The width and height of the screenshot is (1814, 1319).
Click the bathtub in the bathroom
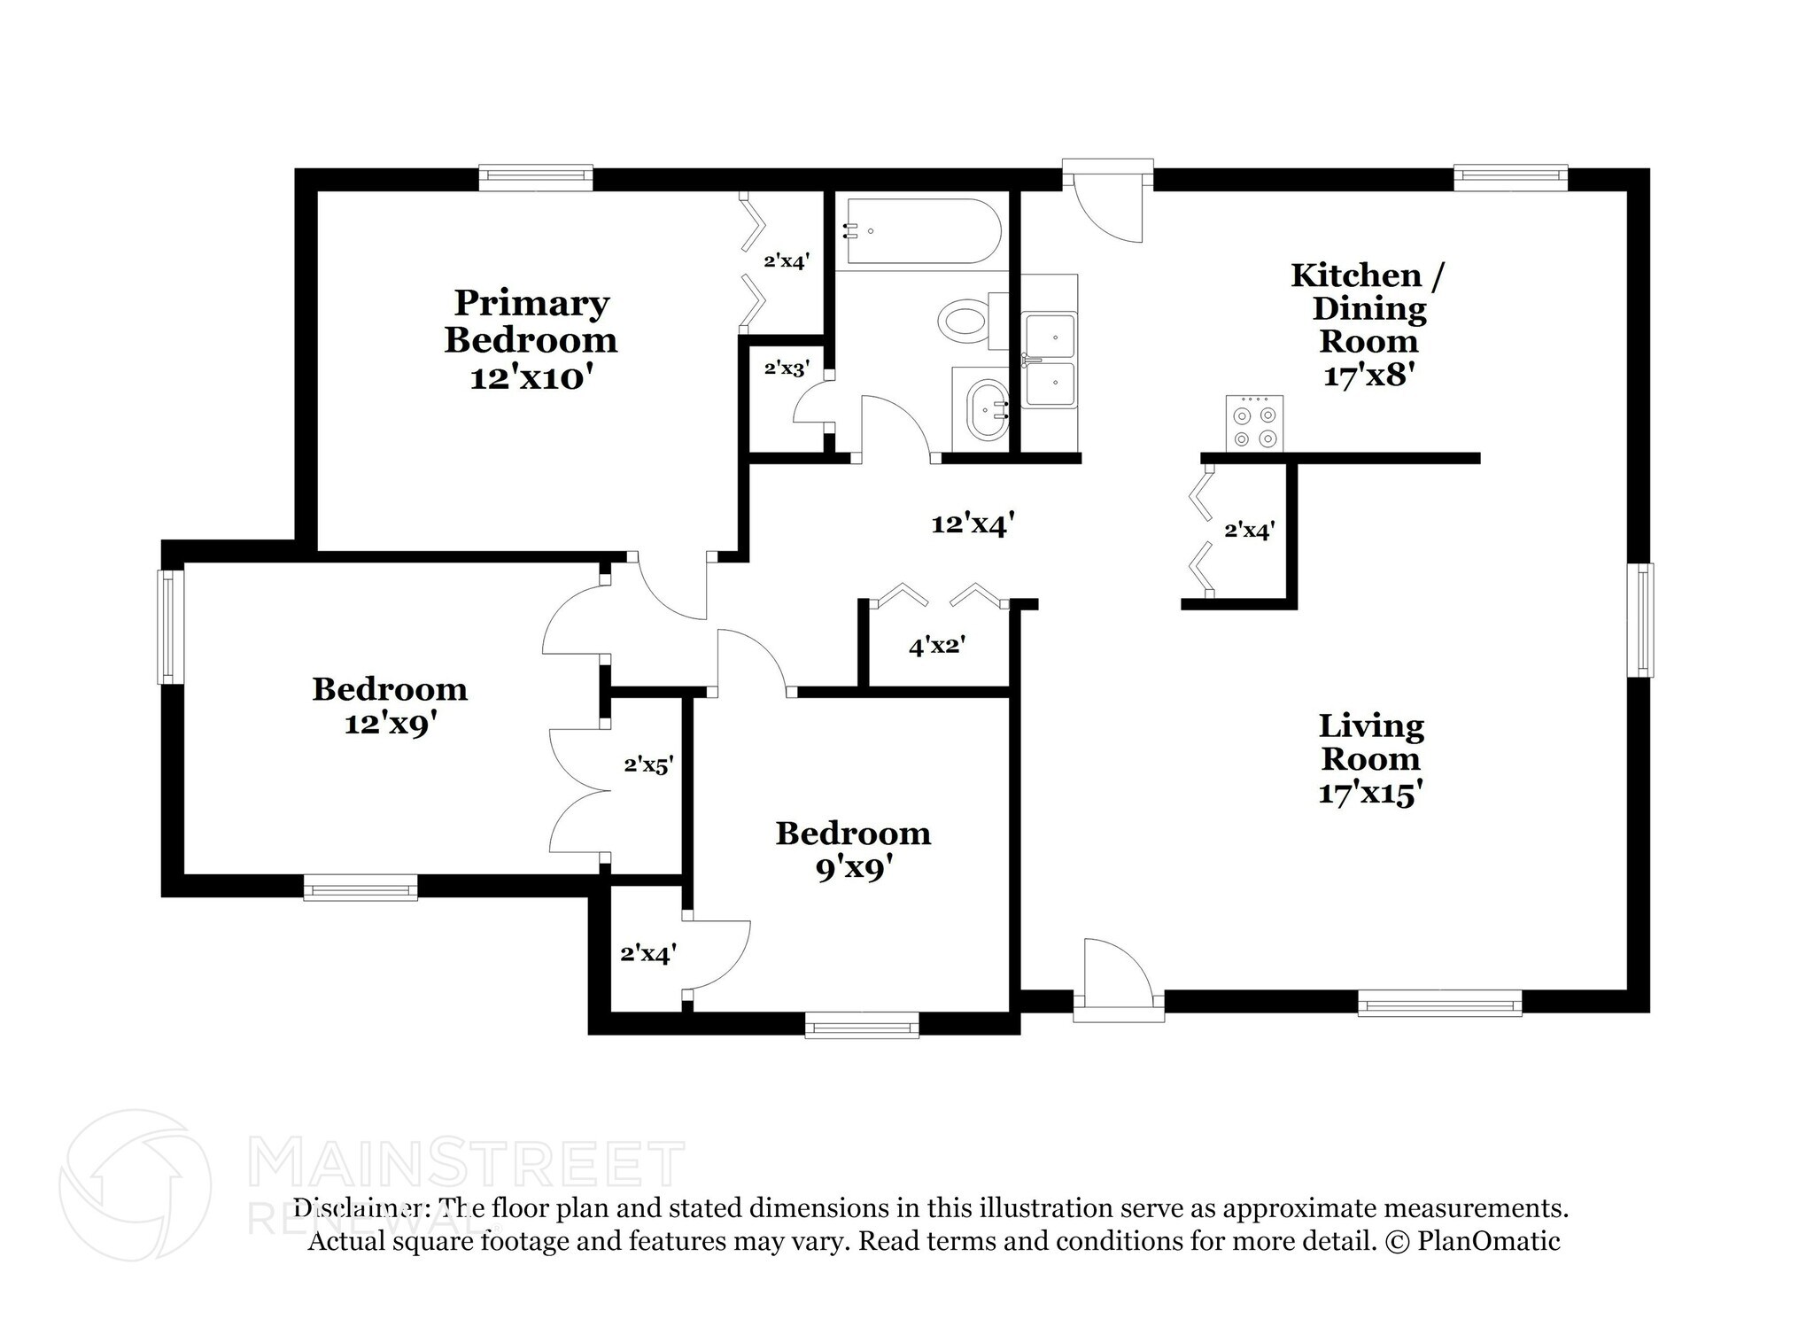tap(925, 231)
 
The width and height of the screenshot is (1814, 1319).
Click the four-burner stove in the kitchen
tap(1254, 423)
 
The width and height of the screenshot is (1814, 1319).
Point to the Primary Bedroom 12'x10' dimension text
tap(531, 378)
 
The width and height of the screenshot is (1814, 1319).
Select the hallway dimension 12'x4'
tap(972, 524)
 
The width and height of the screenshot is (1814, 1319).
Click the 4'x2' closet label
tap(936, 646)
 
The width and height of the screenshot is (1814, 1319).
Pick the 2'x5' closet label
tap(649, 764)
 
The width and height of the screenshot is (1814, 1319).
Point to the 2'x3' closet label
tap(787, 368)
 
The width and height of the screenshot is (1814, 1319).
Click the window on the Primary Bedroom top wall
tap(536, 177)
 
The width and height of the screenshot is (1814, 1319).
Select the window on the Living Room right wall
tap(1640, 620)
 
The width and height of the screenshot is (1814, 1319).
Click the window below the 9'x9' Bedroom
tap(862, 1026)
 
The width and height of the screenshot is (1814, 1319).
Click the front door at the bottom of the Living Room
tap(1119, 981)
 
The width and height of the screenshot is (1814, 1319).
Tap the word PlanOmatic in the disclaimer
tap(1489, 1241)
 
